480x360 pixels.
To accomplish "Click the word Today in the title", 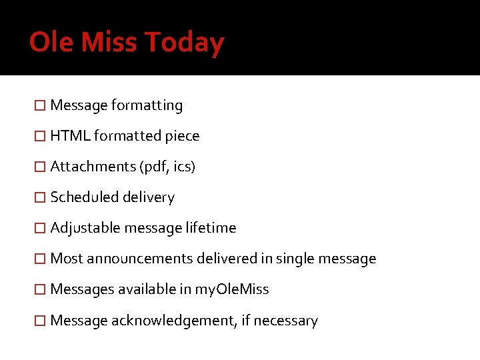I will click(x=184, y=43).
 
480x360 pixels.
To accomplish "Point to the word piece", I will click(x=182, y=136).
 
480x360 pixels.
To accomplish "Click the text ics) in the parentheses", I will click(x=184, y=167).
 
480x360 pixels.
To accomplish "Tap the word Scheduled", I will click(x=82, y=197).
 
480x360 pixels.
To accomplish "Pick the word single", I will click(x=295, y=259).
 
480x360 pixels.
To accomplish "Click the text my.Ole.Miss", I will click(x=231, y=289).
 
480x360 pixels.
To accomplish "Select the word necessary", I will click(x=287, y=321).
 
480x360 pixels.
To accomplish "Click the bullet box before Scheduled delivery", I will click(x=40, y=198).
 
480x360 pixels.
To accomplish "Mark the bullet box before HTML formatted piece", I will click(x=40, y=137).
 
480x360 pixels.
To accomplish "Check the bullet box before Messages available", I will click(x=40, y=290).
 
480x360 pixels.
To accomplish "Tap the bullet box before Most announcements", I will click(x=40, y=259).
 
